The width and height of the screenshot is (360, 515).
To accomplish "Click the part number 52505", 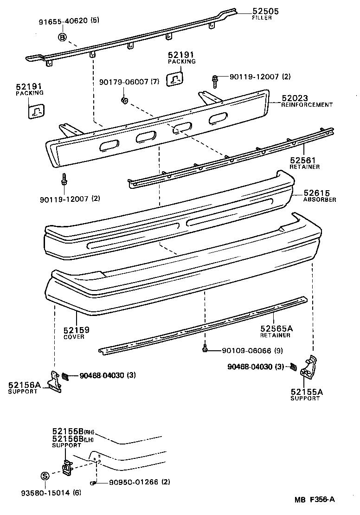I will point(265,11).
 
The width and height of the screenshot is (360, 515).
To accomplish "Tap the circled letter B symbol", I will point(62,37).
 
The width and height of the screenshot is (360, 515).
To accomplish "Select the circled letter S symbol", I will point(45,476).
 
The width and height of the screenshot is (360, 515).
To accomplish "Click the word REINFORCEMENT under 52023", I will point(307,105).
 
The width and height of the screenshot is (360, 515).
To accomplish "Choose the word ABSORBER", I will point(320,200).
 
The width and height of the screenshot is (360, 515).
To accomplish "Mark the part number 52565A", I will point(276,328).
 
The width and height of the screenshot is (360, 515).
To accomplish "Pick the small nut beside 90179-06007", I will point(124,101).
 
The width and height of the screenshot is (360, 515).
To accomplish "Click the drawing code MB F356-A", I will point(314,500).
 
